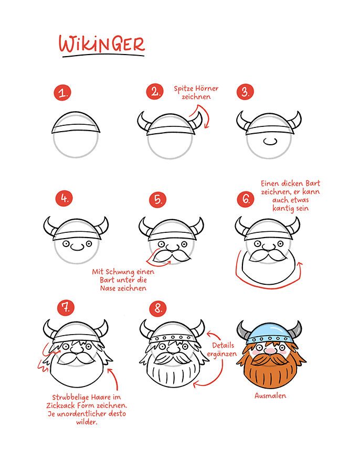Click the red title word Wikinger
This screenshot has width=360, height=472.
[x=102, y=44]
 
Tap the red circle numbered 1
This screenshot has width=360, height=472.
[x=62, y=92]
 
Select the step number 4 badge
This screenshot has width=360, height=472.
[x=64, y=198]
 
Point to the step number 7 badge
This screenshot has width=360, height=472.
[x=66, y=307]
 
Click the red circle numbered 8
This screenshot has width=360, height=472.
[x=158, y=308]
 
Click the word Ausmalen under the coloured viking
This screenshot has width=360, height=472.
[x=270, y=395]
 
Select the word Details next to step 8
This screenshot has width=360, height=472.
[x=223, y=345]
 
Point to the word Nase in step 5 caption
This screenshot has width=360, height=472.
[x=108, y=288]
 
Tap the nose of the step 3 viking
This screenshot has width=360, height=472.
[x=270, y=141]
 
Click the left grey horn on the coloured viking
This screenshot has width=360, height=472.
[x=243, y=330]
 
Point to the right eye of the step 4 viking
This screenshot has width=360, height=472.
[x=89, y=243]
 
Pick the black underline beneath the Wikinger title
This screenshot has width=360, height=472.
[x=103, y=56]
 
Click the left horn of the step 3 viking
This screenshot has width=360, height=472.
[x=243, y=121]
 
